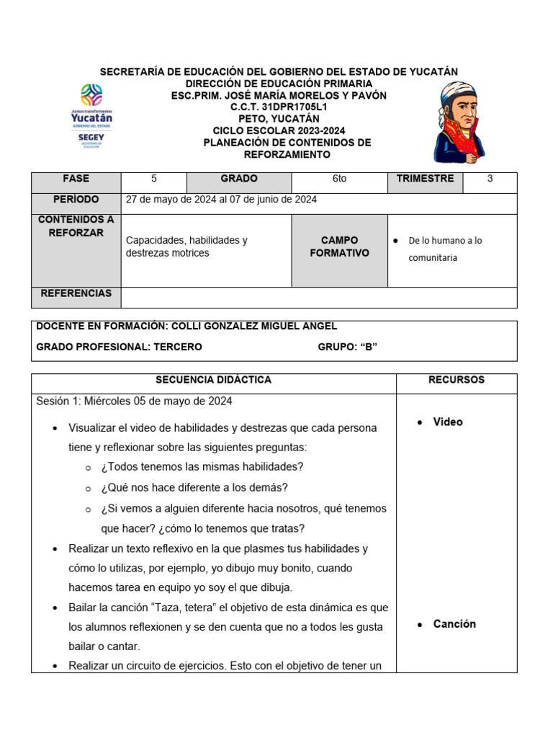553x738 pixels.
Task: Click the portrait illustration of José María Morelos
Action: [x=459, y=123]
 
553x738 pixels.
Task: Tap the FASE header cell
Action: [x=76, y=179]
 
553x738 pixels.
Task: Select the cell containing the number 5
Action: [x=153, y=179]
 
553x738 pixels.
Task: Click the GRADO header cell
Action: [x=238, y=179]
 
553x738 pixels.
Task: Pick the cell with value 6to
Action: [x=339, y=179]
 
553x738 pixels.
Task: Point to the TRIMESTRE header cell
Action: [x=425, y=179]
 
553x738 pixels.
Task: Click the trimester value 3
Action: [x=490, y=179]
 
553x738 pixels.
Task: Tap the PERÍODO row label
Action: [x=76, y=200]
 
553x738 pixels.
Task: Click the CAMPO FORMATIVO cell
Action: [x=339, y=247]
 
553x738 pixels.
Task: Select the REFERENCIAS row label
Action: [x=76, y=293]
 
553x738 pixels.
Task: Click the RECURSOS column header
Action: [x=456, y=380]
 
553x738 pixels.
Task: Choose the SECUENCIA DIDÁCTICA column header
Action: [x=213, y=380]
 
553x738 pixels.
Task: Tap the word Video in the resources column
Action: [x=448, y=422]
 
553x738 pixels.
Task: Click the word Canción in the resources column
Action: [x=454, y=624]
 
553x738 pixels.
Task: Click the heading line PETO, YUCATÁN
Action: [x=279, y=119]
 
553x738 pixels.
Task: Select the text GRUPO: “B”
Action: [x=348, y=347]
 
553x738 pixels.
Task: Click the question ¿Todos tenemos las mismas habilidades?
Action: [x=202, y=466]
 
